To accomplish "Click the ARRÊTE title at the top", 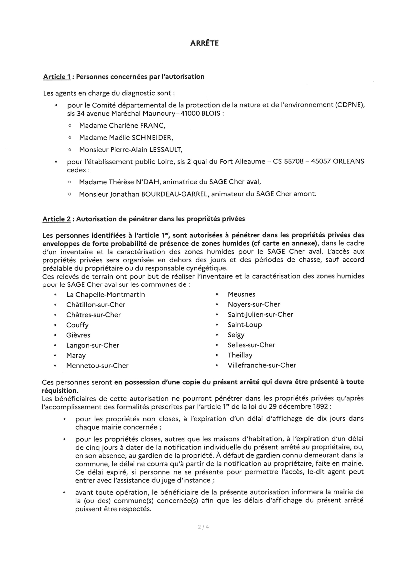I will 204,43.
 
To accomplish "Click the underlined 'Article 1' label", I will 57,77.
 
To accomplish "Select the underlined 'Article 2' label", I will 57,219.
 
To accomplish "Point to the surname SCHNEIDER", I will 152,138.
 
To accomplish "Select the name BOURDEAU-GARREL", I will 175,194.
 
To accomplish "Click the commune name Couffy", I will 77,325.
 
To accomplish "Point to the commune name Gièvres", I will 78,335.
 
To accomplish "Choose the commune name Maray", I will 76,356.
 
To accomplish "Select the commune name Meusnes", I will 242,294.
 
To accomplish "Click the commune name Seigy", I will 236,335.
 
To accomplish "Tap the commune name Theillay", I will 240,355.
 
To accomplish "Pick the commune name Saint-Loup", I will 245,325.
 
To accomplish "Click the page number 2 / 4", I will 203,527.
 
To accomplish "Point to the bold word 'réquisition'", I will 60,391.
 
